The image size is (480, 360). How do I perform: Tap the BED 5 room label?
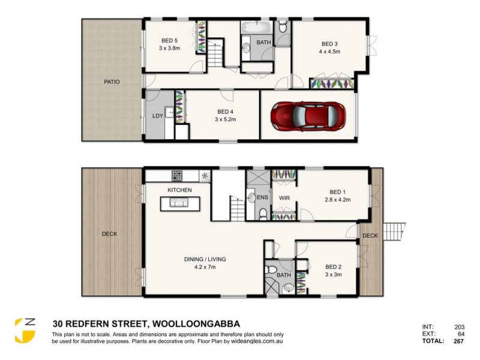pyautogui.click(x=169, y=41)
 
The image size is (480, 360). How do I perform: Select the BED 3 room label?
pyautogui.click(x=329, y=44)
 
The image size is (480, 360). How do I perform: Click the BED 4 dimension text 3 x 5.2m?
pyautogui.click(x=226, y=119)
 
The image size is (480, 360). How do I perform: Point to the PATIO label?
pyautogui.click(x=112, y=82)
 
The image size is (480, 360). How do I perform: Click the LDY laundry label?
pyautogui.click(x=158, y=115)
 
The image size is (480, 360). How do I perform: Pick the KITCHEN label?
pyautogui.click(x=179, y=190)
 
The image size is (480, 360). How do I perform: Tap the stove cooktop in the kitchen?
pyautogui.click(x=178, y=175)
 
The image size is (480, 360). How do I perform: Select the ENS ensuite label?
pyautogui.click(x=262, y=197)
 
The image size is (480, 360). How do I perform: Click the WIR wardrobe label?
pyautogui.click(x=284, y=197)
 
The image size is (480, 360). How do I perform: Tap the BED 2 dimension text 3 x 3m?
pyautogui.click(x=333, y=275)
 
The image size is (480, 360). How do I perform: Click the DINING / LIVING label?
pyautogui.click(x=205, y=259)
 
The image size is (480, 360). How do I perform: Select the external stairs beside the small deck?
pyautogui.click(x=393, y=230)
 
